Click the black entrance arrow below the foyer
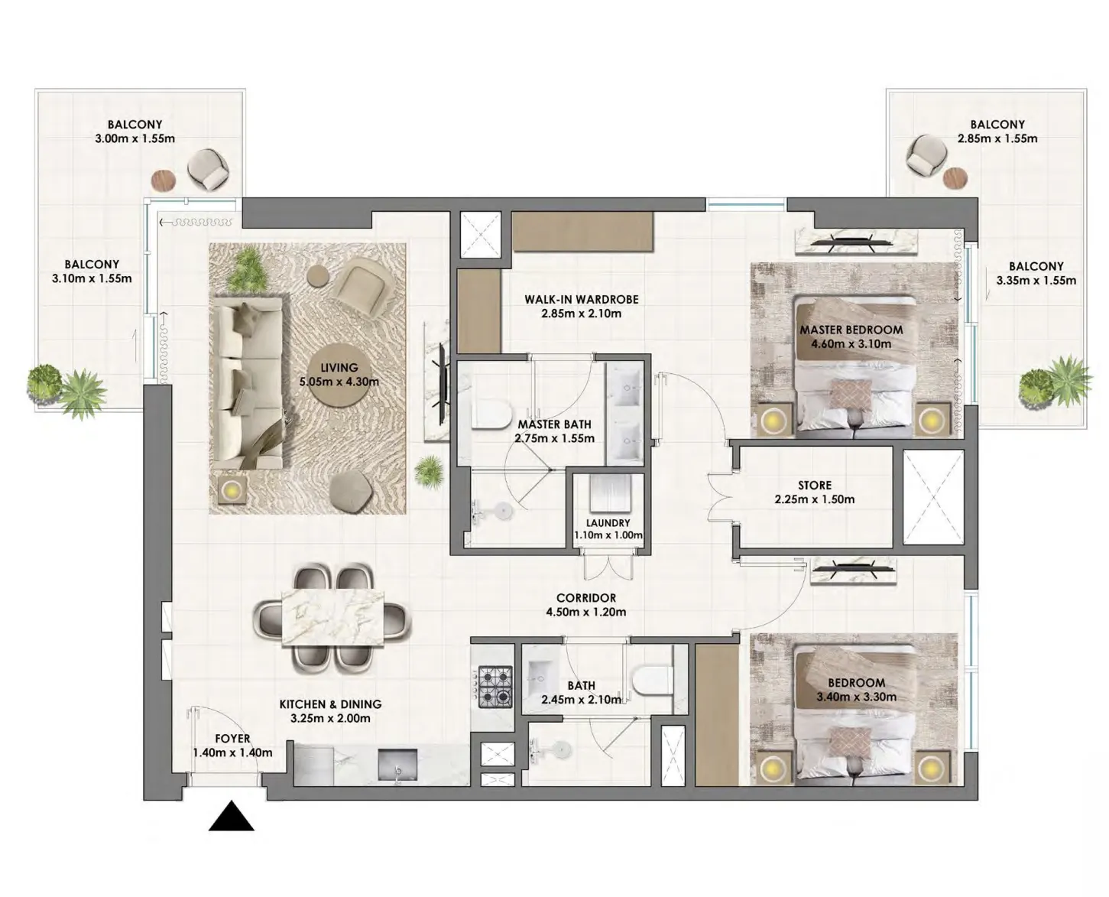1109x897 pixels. tap(231, 817)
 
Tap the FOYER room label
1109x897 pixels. tap(232, 739)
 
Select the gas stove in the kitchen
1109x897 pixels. tap(495, 686)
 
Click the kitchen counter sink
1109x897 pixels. tap(397, 764)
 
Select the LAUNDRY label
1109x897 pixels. tap(608, 523)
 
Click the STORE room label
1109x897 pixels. tap(814, 486)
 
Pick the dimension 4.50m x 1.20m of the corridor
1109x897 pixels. tap(585, 612)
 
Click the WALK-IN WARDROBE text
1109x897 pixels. tap(581, 300)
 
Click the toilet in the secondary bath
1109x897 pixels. tap(650, 681)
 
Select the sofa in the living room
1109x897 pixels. tap(246, 384)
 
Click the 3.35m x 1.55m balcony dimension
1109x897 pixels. tap(1036, 281)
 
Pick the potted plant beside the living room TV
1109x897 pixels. tap(430, 470)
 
